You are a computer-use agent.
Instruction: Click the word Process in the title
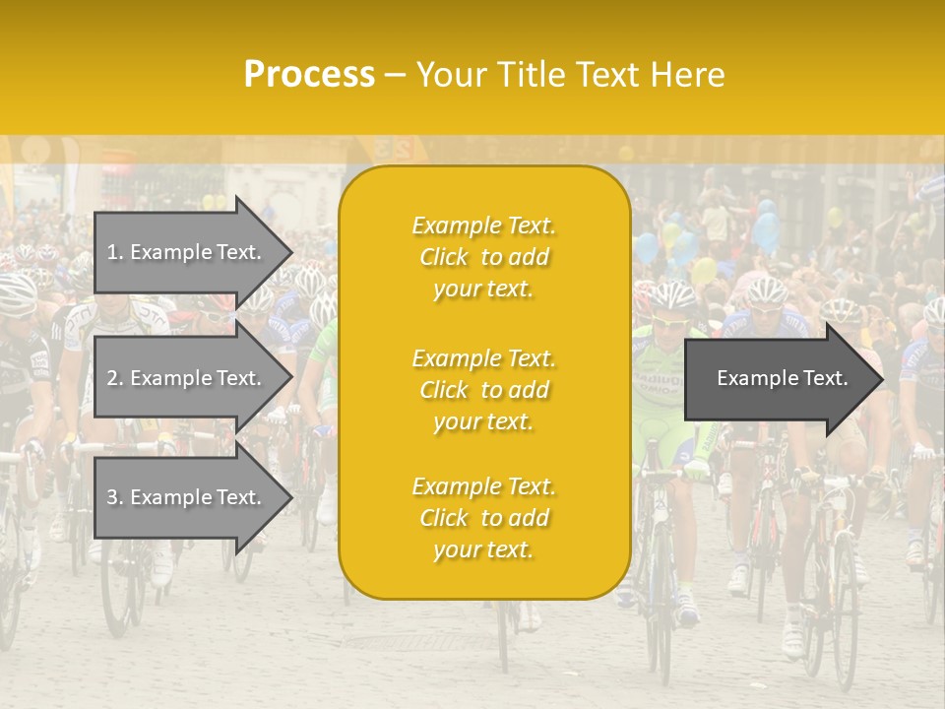[309, 75]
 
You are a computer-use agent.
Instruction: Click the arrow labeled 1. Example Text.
[187, 252]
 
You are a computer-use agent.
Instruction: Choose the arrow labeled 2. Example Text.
[187, 378]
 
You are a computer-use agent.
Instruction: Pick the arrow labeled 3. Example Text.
[187, 498]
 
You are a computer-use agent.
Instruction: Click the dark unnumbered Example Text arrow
[778, 378]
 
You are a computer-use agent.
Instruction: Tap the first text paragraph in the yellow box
[483, 257]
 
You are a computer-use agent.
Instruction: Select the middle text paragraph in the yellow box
[483, 390]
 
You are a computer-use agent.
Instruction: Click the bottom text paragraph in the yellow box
[483, 518]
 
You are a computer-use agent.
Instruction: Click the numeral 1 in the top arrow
[111, 252]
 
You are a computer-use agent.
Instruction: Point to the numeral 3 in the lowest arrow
[111, 498]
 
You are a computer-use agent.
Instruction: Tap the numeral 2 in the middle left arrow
[111, 378]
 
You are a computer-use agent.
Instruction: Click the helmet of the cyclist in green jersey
[673, 295]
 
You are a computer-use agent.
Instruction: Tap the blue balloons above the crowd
[766, 228]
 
